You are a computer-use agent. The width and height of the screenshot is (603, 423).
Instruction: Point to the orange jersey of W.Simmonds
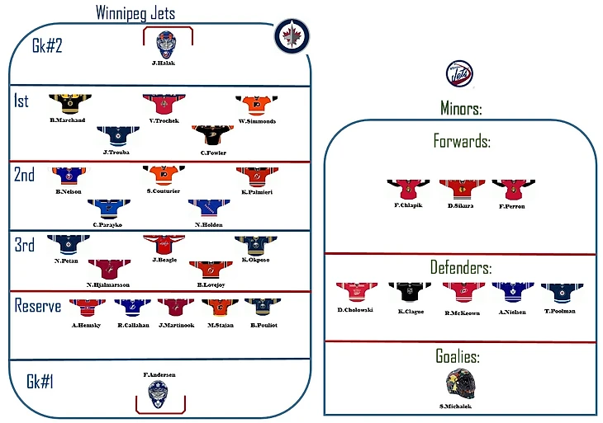[256, 105]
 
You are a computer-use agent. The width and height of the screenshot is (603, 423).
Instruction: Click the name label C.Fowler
[212, 152]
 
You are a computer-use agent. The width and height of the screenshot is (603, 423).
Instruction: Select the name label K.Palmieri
[257, 191]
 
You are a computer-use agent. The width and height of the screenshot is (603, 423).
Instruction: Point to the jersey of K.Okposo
[255, 245]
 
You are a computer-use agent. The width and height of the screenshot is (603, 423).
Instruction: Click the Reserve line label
[37, 306]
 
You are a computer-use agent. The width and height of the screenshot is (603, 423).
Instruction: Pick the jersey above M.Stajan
[218, 309]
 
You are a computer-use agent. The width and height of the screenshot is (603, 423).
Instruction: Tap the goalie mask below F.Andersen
[159, 396]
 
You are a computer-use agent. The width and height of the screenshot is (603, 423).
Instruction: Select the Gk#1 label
[40, 382]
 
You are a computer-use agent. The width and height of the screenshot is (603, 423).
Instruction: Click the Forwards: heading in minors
[462, 141]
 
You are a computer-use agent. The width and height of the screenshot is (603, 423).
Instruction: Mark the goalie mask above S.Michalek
[458, 383]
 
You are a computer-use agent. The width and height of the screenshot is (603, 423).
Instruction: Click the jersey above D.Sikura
[460, 189]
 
